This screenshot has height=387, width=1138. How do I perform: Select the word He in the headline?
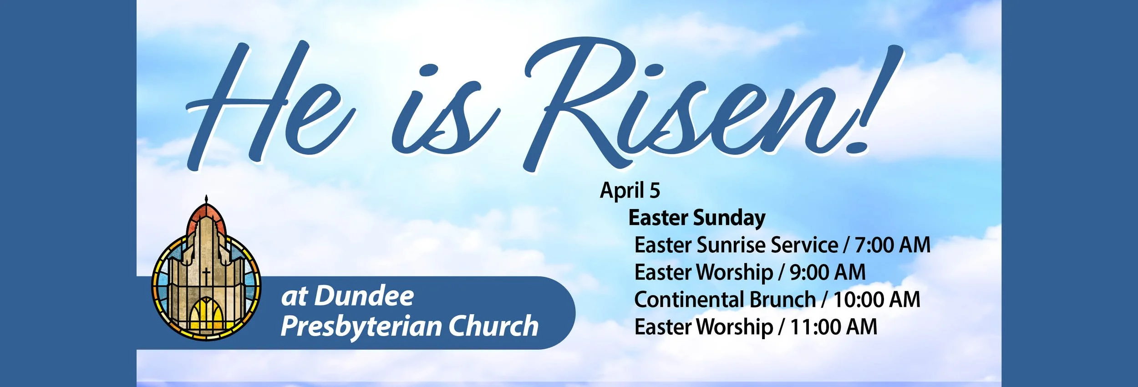point(269,105)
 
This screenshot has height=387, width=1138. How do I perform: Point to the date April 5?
point(630,190)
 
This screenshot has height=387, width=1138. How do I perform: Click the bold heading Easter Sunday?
point(696,218)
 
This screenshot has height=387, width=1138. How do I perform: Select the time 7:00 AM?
point(892,245)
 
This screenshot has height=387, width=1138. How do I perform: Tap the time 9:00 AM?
point(827,272)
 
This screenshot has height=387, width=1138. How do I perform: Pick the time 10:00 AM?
point(877,300)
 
